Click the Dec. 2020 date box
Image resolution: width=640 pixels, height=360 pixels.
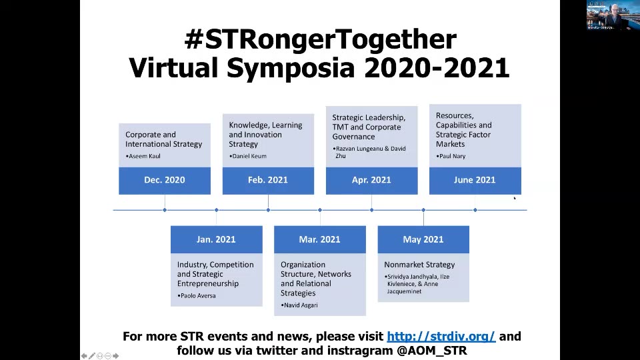tap(164, 180)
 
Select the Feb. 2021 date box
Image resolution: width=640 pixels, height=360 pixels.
tap(267, 180)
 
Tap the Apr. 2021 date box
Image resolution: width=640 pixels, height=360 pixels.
tap(371, 180)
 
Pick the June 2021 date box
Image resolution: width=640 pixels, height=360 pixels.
tap(475, 180)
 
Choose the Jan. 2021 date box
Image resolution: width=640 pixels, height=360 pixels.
tap(216, 239)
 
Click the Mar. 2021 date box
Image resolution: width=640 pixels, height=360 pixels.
tap(319, 239)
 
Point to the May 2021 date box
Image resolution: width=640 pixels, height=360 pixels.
tap(423, 239)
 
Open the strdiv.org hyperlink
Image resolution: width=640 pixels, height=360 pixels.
tap(441, 337)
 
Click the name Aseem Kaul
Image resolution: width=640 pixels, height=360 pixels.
tap(144, 157)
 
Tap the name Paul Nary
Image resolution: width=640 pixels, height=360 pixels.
tap(453, 157)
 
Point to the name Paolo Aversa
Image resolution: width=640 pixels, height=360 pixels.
tap(198, 295)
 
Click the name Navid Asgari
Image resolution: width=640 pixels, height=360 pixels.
tap(302, 305)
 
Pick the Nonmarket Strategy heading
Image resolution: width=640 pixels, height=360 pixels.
tap(419, 265)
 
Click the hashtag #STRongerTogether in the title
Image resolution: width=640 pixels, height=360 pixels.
tap(320, 40)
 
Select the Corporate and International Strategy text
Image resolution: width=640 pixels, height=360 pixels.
tap(163, 139)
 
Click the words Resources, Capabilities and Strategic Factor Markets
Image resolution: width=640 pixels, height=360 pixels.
tap(464, 130)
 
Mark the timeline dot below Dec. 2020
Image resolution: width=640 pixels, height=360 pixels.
tap(165, 210)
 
